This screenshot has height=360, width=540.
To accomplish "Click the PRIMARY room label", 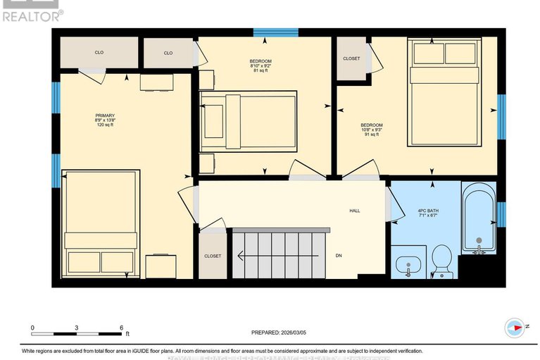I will tap(104, 116).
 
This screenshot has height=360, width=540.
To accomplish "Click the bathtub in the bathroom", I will tap(479, 219).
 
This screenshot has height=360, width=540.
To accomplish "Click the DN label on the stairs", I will tap(339, 256).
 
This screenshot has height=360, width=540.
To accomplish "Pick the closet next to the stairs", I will tap(213, 256).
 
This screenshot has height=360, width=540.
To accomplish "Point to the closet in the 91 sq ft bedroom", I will tap(351, 59).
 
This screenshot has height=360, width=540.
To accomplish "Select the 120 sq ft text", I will tap(104, 125).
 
